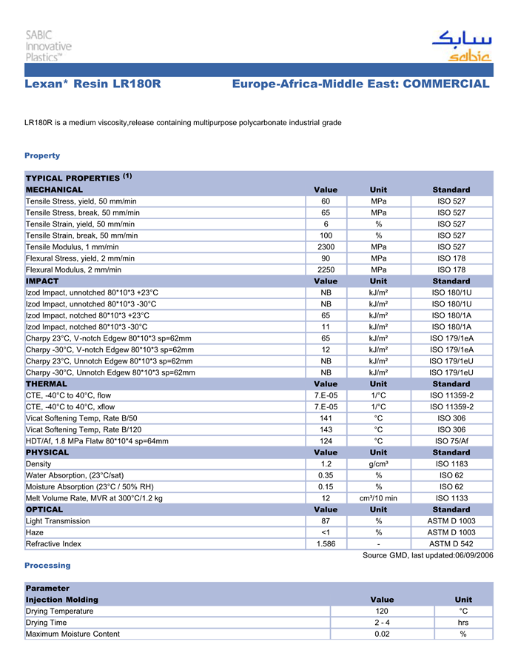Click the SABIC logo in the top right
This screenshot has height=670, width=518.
(461, 46)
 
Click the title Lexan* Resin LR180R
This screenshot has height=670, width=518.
(92, 84)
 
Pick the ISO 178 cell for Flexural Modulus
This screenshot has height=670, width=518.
(451, 269)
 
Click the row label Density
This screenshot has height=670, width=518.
(38, 463)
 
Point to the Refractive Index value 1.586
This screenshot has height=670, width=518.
(325, 544)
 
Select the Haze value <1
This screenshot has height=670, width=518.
(325, 532)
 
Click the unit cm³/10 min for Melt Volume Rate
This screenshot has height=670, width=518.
(377, 498)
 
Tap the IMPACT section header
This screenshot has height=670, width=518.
(42, 281)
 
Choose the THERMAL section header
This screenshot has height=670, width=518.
(47, 384)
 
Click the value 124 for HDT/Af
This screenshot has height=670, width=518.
(325, 441)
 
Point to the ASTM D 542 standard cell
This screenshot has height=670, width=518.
(451, 544)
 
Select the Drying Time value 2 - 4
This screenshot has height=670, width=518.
(381, 623)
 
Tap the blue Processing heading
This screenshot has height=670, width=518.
(47, 566)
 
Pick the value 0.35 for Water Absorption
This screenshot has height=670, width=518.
(325, 475)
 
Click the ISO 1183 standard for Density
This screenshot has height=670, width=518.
(451, 463)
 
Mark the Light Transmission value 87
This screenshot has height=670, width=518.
(325, 521)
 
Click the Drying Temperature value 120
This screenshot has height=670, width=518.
(381, 612)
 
